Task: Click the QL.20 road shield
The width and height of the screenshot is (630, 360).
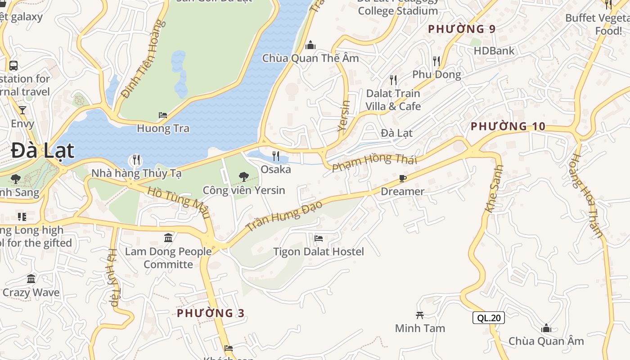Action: [488, 318]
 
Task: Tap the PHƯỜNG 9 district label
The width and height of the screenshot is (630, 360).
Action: [462, 29]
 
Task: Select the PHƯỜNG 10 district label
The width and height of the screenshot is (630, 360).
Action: [508, 126]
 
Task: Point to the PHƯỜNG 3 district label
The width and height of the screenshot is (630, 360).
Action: [211, 313]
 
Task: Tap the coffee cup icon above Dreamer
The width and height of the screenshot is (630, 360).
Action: [403, 179]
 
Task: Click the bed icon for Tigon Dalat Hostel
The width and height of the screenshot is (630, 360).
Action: [319, 238]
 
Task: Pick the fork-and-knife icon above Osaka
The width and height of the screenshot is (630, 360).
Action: [276, 156]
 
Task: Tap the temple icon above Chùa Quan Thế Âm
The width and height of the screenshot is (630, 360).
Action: [310, 45]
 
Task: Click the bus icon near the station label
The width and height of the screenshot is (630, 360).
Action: [13, 66]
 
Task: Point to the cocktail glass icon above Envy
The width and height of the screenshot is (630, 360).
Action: [22, 110]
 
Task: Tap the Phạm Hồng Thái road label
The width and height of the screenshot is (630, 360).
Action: [375, 162]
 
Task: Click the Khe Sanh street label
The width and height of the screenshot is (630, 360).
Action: [494, 189]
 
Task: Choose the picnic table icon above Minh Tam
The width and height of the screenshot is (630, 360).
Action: [420, 315]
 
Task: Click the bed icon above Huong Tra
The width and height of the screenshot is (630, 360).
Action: [163, 116]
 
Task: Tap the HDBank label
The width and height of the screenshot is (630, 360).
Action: [494, 51]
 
